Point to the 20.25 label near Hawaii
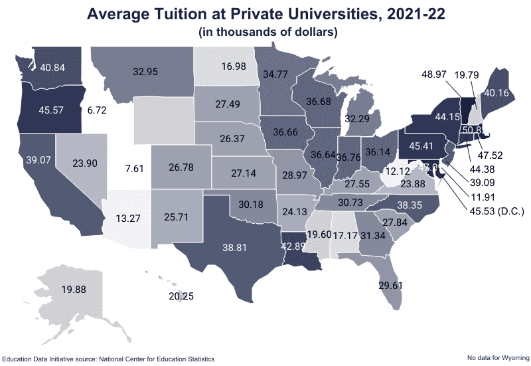tap(181, 296)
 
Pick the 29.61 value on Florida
tap(391, 286)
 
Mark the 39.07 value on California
tap(40, 161)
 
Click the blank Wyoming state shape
tap(163, 120)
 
